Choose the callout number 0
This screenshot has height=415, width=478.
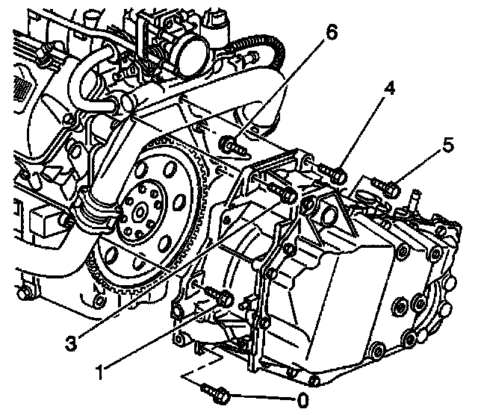pos(302,398)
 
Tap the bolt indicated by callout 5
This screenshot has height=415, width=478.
pos(386,186)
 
